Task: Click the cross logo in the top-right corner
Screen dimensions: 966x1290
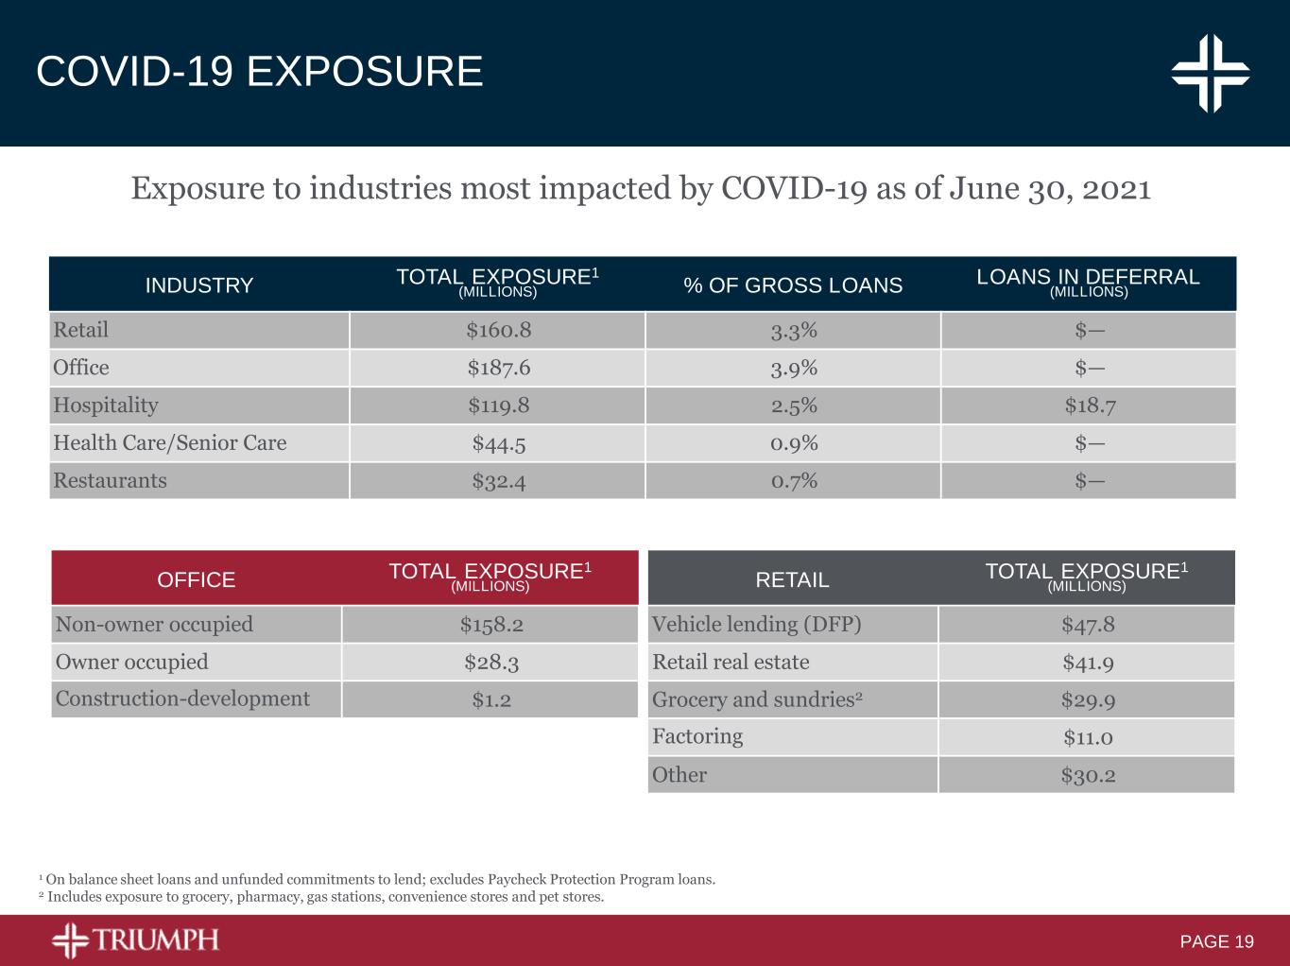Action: [1211, 73]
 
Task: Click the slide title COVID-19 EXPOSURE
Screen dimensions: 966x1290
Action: [259, 72]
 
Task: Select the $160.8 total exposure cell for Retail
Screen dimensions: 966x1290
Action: [498, 330]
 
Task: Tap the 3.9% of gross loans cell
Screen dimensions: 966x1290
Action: [793, 368]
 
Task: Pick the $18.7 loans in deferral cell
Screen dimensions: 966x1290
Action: [1089, 405]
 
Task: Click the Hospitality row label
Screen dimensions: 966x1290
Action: [106, 405]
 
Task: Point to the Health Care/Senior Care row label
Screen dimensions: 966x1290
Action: [169, 443]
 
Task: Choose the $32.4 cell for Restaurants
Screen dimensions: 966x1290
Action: [498, 481]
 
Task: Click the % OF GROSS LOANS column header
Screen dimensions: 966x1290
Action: [793, 285]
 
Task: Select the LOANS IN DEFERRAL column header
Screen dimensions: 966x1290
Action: [1088, 283]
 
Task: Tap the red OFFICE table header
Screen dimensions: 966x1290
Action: [197, 579]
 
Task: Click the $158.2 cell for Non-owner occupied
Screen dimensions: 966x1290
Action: [490, 625]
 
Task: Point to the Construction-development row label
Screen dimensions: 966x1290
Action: [182, 699]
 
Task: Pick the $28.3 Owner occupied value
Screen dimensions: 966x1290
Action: [490, 663]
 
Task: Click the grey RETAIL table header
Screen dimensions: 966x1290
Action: [792, 579]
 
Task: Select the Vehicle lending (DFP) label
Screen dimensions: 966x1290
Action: [756, 625]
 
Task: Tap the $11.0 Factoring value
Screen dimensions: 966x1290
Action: [1088, 737]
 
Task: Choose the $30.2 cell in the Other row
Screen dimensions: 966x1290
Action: [1088, 775]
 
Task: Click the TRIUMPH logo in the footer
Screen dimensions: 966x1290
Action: [135, 940]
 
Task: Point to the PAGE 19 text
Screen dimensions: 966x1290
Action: [1216, 941]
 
